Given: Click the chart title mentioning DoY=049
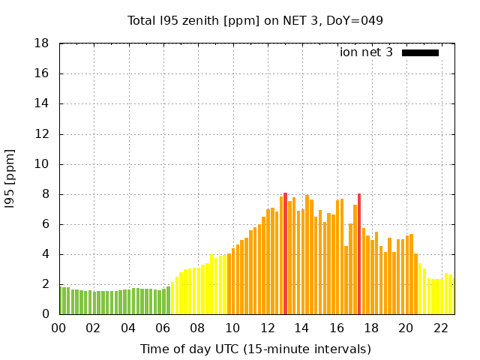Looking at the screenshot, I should (256, 20).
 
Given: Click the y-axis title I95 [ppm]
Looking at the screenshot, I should (10, 178).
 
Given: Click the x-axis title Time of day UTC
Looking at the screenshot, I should (256, 349).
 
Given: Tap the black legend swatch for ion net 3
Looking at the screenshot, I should (420, 52).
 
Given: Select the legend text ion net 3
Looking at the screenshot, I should (366, 52).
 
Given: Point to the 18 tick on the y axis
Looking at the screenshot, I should (42, 43).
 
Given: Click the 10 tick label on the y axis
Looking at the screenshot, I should (42, 164).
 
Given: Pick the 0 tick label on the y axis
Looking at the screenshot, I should (46, 314).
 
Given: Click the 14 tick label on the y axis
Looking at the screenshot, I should (42, 103).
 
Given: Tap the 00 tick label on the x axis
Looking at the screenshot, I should (58, 328).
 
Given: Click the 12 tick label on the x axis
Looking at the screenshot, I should (267, 328).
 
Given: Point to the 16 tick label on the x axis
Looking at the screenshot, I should (336, 328).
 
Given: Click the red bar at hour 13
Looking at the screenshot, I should (285, 253).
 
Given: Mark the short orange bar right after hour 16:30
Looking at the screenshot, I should (346, 280).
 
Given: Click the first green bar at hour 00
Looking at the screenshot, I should (61, 301).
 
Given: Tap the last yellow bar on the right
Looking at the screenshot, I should (451, 295).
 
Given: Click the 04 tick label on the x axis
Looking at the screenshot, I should (128, 328).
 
